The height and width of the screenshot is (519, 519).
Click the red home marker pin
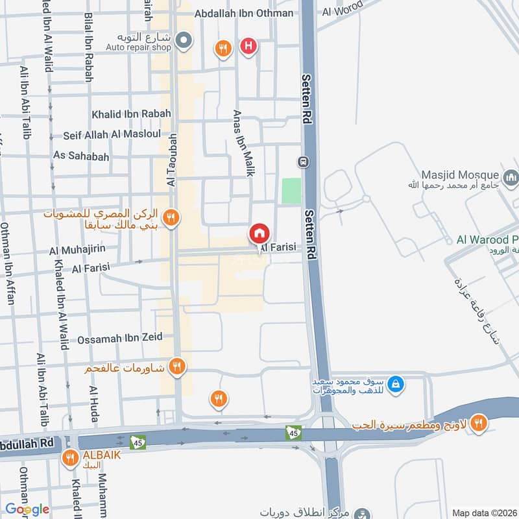click(259, 233)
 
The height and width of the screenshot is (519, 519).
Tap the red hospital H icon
click(248, 46)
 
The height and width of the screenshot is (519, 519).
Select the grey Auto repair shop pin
click(184, 41)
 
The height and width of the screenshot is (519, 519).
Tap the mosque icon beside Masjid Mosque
click(511, 176)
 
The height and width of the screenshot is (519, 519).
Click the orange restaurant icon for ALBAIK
click(70, 459)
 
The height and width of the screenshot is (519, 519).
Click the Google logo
click(27, 509)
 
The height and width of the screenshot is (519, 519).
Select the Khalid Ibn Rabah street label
click(131, 114)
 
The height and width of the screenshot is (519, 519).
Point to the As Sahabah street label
click(81, 156)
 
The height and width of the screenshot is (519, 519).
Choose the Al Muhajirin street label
click(77, 249)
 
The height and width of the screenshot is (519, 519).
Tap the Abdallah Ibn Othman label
click(243, 12)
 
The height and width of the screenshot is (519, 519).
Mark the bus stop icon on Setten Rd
click(302, 161)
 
